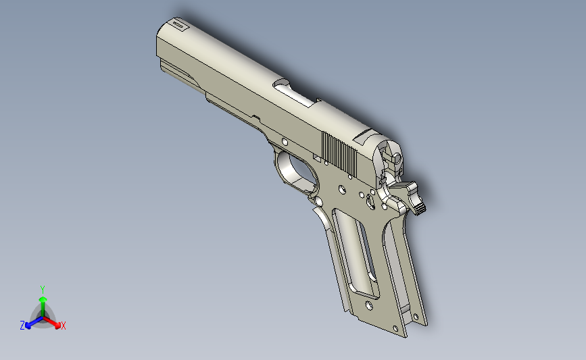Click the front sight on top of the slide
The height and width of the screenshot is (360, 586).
178,25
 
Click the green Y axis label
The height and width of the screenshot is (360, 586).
42,289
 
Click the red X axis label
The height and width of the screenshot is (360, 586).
63,326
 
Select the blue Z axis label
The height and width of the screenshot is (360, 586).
22,326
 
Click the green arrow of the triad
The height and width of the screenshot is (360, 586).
42,301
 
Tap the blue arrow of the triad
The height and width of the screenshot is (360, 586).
31,323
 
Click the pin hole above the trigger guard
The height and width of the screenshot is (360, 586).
285,142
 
